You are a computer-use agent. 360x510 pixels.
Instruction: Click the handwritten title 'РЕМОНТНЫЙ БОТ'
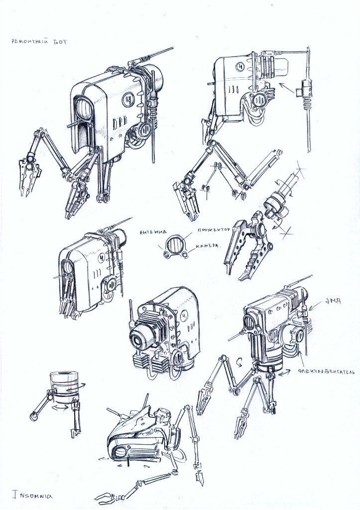click(x=38, y=42)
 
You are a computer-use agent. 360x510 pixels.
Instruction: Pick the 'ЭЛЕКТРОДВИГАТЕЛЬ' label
click(x=326, y=371)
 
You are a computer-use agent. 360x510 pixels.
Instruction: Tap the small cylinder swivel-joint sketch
click(x=62, y=386)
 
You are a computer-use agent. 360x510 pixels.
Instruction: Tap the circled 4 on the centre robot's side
click(x=185, y=315)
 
